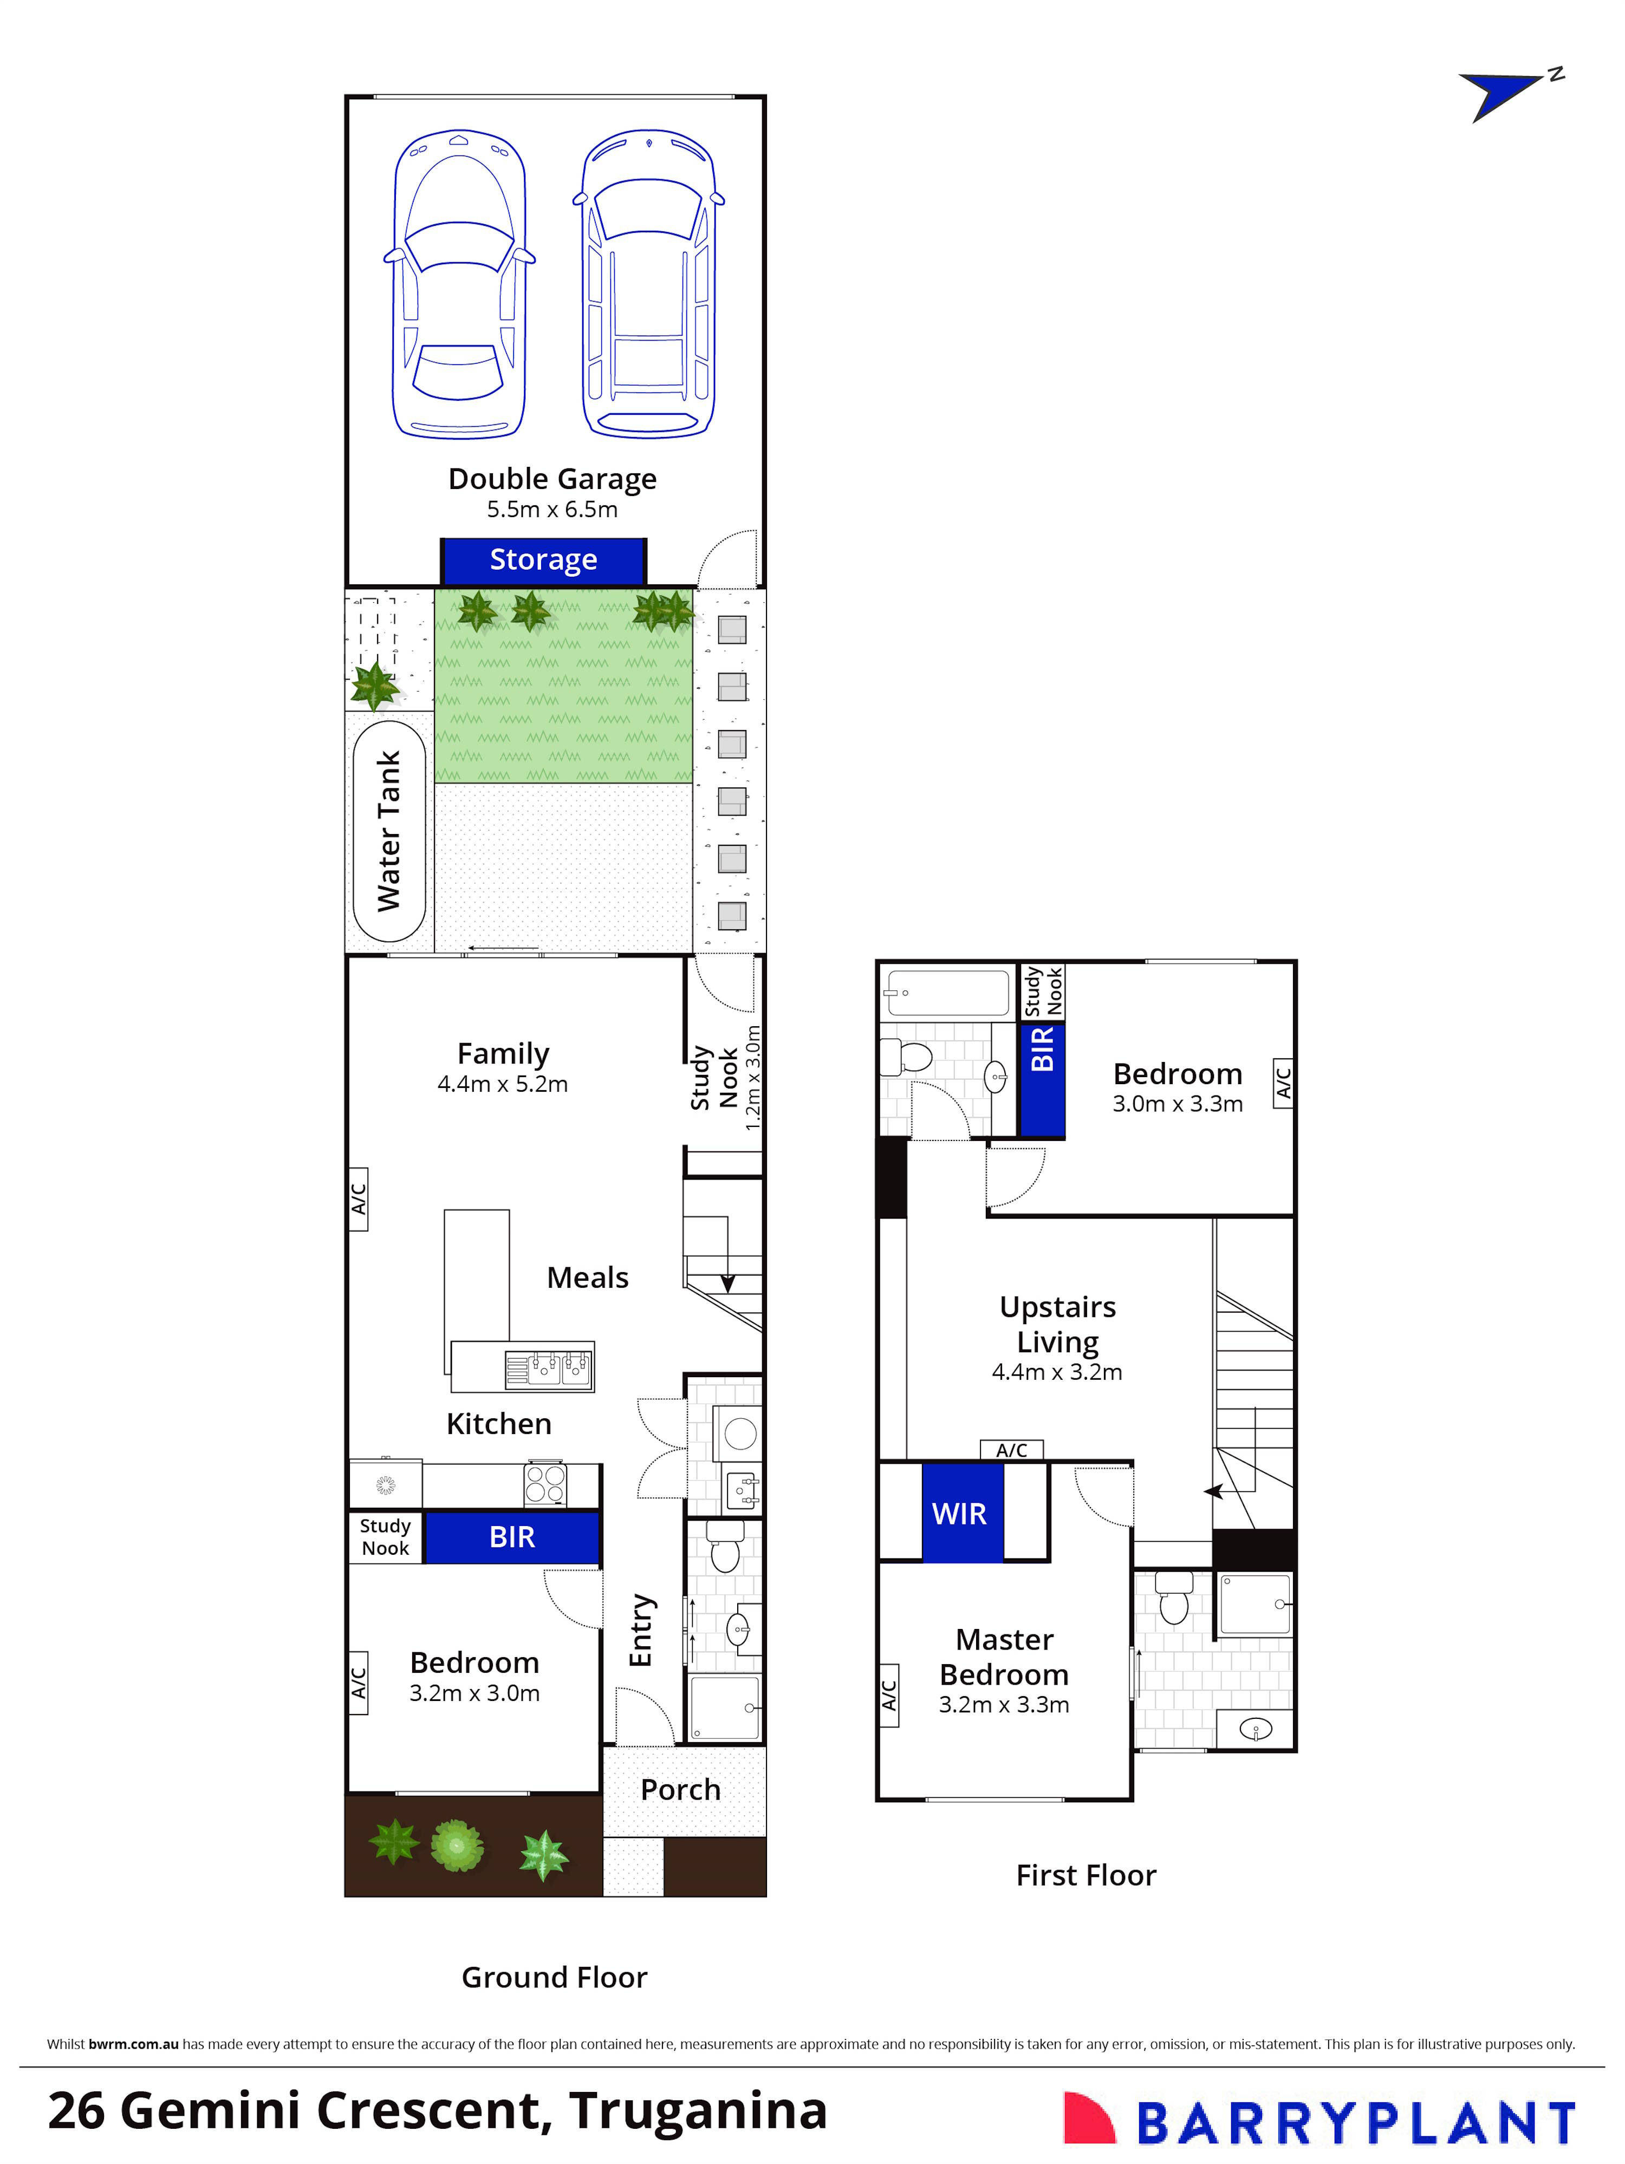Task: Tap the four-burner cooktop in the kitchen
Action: pos(545,1483)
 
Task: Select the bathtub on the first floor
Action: pos(946,993)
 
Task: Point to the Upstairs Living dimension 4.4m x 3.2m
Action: pos(1057,1372)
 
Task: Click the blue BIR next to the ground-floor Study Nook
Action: pos(512,1537)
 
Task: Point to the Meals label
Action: pos(587,1277)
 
